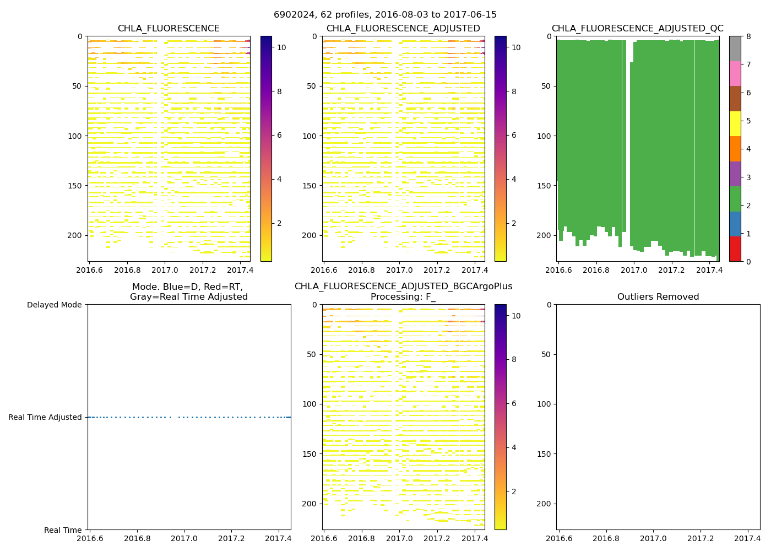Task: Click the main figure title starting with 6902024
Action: pyautogui.click(x=385, y=15)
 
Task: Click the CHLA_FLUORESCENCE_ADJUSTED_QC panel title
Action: pyautogui.click(x=637, y=29)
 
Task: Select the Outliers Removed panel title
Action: pyautogui.click(x=658, y=297)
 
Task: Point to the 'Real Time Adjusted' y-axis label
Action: pyautogui.click(x=45, y=418)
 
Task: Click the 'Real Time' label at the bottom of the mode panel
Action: pyautogui.click(x=63, y=530)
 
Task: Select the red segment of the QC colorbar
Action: pyautogui.click(x=735, y=249)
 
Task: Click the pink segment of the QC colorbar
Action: pyautogui.click(x=735, y=73)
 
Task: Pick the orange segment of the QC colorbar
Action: pyautogui.click(x=735, y=149)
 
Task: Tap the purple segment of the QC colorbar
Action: pyautogui.click(x=735, y=174)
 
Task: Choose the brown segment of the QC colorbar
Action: pyautogui.click(x=735, y=99)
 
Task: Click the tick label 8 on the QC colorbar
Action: pyautogui.click(x=747, y=36)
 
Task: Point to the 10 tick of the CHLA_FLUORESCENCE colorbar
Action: pyautogui.click(x=281, y=47)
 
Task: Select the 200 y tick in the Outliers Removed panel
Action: pyautogui.click(x=544, y=504)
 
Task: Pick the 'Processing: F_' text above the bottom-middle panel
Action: pyautogui.click(x=403, y=297)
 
